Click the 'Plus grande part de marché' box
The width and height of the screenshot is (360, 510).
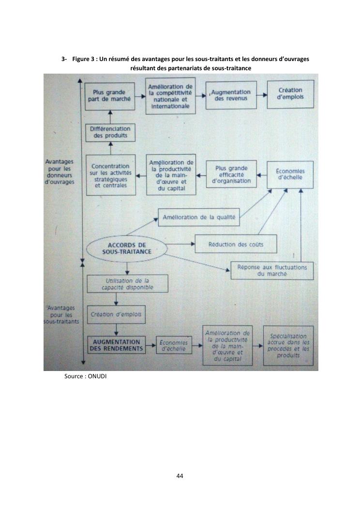(x=110, y=96)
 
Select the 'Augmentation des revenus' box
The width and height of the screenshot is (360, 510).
(x=231, y=95)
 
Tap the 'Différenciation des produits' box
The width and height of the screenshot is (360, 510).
(x=110, y=132)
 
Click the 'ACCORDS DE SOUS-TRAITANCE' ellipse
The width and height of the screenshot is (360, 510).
(x=127, y=248)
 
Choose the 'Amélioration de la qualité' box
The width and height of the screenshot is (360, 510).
(x=199, y=217)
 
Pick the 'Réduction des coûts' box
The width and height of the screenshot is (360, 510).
(x=236, y=244)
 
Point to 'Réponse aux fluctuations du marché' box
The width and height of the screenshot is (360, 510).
(x=272, y=271)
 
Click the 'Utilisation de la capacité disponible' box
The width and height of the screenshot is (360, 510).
(x=127, y=284)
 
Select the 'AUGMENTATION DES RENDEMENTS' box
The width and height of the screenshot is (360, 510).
(x=116, y=345)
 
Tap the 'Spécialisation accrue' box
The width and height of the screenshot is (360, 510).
(x=288, y=346)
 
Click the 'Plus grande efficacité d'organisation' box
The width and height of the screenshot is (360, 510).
(x=231, y=174)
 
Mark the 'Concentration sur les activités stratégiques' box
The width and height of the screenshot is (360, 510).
(x=111, y=175)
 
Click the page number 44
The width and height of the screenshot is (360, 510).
(x=180, y=476)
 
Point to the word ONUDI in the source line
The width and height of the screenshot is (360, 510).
(x=97, y=376)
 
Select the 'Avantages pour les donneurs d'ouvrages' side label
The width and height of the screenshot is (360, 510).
(x=60, y=172)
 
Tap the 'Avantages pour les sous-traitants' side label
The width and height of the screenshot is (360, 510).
(x=61, y=314)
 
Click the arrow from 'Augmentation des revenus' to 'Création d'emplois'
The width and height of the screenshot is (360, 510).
(x=262, y=95)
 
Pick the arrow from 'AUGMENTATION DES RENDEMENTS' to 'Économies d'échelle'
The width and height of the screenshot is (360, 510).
(x=151, y=345)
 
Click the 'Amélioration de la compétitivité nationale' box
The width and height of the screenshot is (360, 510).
(x=170, y=96)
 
